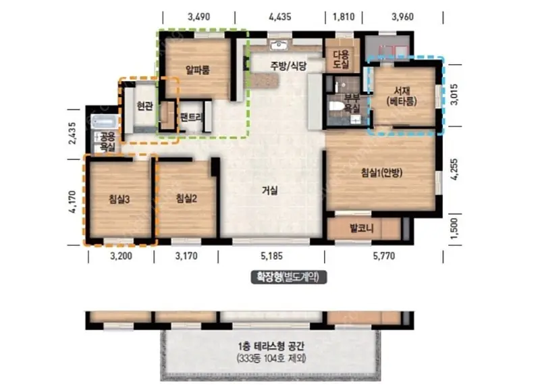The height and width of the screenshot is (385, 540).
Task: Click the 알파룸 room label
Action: pyautogui.click(x=197, y=71)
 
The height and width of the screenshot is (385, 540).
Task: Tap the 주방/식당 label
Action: pyautogui.click(x=288, y=66)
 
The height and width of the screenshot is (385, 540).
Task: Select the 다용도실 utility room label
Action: pyautogui.click(x=342, y=59)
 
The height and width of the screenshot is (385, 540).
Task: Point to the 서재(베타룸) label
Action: pyautogui.click(x=402, y=97)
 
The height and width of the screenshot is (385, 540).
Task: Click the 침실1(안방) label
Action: pyautogui.click(x=381, y=173)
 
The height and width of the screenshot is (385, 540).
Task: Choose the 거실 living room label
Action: pyautogui.click(x=269, y=190)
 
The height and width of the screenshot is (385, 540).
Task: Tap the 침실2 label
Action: pyautogui.click(x=186, y=199)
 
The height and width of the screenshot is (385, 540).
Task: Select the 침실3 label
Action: pyautogui.click(x=119, y=199)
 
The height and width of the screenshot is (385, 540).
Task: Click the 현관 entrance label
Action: pyautogui.click(x=144, y=106)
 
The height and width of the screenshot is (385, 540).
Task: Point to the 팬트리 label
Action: pyautogui.click(x=192, y=118)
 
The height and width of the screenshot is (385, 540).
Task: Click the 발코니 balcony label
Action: pyautogui.click(x=361, y=228)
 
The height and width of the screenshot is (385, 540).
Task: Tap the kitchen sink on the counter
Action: pyautogui.click(x=279, y=45)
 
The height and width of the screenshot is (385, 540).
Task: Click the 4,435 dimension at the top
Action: pyautogui.click(x=280, y=16)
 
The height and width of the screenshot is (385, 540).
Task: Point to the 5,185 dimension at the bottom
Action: pyautogui.click(x=271, y=256)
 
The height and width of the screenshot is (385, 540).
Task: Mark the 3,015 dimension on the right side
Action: pyautogui.click(x=454, y=95)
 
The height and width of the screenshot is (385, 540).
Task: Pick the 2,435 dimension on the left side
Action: pyautogui.click(x=72, y=133)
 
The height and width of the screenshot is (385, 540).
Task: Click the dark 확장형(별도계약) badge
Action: pyautogui.click(x=289, y=277)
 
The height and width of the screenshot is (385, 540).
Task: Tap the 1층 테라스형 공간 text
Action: pyautogui.click(x=271, y=346)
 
